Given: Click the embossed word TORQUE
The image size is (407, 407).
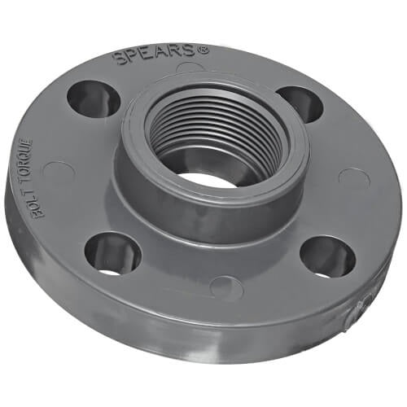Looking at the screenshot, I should [x=46, y=164].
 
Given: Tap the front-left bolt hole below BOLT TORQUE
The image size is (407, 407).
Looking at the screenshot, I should [x=112, y=253].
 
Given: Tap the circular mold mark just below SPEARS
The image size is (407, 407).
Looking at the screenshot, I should [x=190, y=68].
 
